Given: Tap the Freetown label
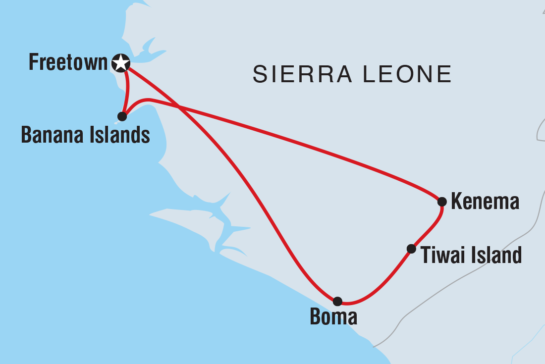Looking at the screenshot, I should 68,63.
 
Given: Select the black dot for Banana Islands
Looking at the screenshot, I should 122,116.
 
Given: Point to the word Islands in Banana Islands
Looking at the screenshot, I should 118,135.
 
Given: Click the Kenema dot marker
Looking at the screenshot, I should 442,202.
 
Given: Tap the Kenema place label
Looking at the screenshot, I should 485,202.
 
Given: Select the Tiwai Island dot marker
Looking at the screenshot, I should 411,249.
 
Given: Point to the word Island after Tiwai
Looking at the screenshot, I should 495,256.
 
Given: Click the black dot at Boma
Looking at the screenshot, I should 337,301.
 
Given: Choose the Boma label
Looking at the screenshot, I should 333,317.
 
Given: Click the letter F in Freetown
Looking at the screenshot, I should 33,63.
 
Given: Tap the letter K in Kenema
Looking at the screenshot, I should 456,202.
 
